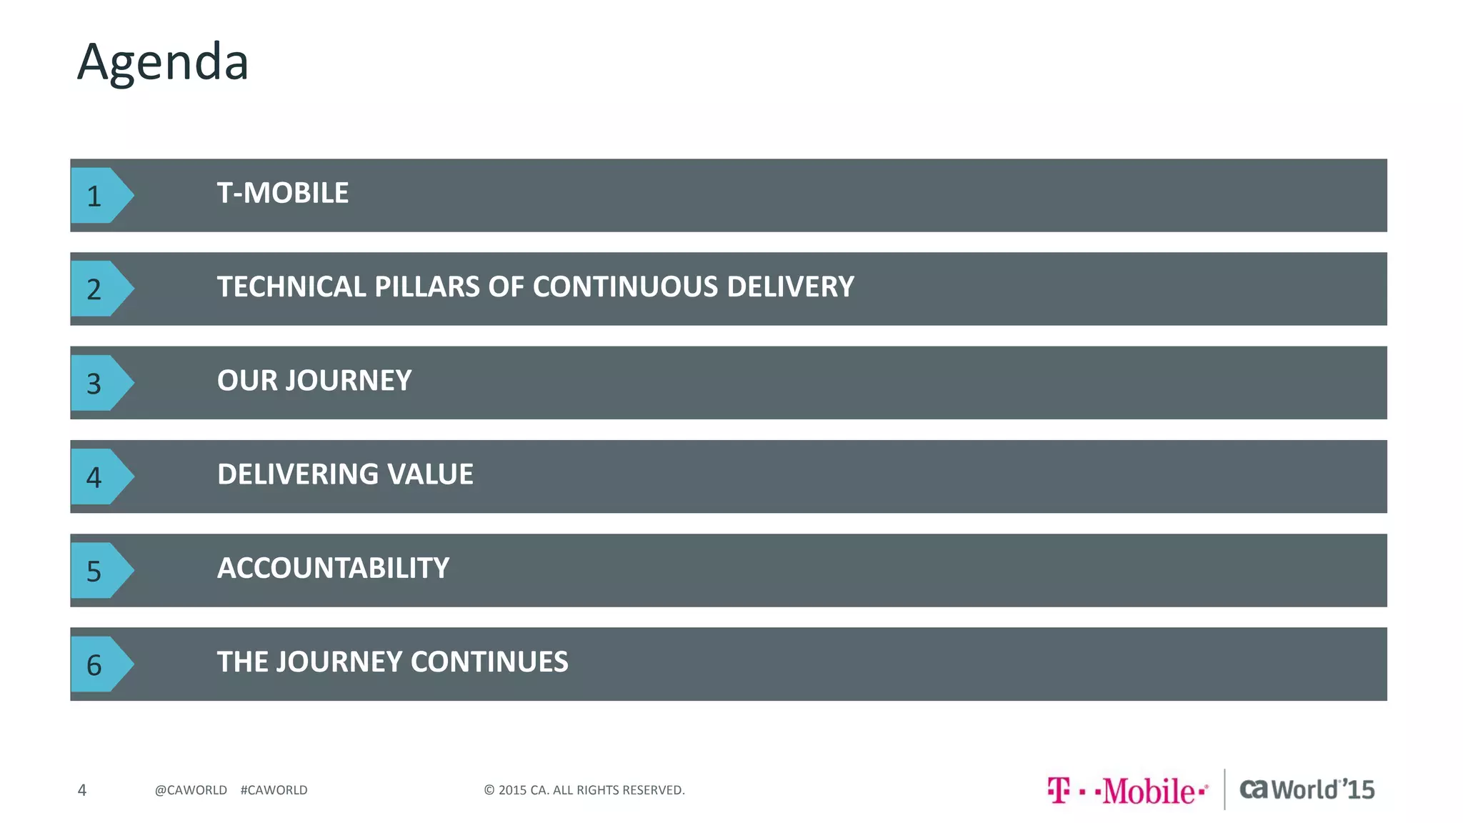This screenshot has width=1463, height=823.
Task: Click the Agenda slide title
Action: tap(163, 62)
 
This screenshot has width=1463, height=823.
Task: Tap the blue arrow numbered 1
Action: tap(100, 196)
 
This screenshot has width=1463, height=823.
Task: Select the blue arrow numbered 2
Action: tap(100, 289)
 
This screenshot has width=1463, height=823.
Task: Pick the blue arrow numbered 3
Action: tap(100, 383)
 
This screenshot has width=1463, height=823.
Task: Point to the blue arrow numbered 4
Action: tap(100, 477)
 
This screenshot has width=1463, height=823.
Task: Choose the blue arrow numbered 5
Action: tap(100, 571)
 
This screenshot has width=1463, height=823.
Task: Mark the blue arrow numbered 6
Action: tap(100, 664)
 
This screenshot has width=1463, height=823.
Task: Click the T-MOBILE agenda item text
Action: tap(283, 193)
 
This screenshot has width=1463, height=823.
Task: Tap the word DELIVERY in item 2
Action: tap(790, 287)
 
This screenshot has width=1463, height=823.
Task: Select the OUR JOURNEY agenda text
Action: tap(314, 381)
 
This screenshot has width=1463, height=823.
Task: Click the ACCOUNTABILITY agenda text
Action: tap(333, 569)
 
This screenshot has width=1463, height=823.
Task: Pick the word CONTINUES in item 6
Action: tap(489, 662)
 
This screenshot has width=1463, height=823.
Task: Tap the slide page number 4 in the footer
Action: tap(82, 790)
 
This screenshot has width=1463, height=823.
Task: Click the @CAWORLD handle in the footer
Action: tap(191, 790)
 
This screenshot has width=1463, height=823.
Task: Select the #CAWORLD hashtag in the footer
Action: tap(274, 790)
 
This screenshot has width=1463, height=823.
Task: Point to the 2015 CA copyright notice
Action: tap(584, 790)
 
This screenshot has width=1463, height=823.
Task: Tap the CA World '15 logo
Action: tap(1307, 789)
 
